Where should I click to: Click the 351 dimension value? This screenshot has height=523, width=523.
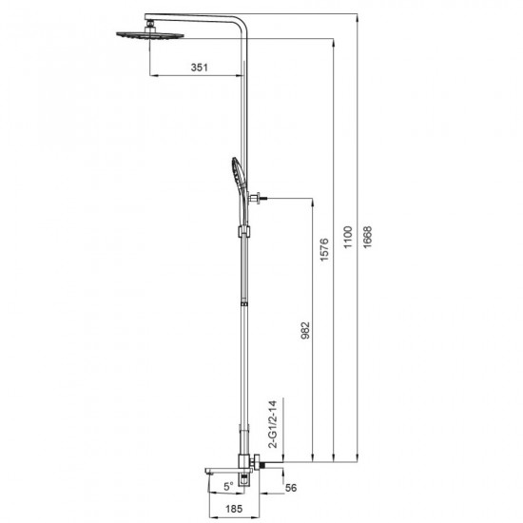tap(198, 68)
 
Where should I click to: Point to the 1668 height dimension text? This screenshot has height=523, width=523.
tap(369, 235)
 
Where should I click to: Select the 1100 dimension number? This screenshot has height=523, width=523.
tap(349, 235)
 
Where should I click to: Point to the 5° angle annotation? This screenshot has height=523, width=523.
tap(227, 485)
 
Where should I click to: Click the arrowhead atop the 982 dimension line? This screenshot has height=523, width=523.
tap(311, 200)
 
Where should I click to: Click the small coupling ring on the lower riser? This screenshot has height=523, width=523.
tap(246, 303)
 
